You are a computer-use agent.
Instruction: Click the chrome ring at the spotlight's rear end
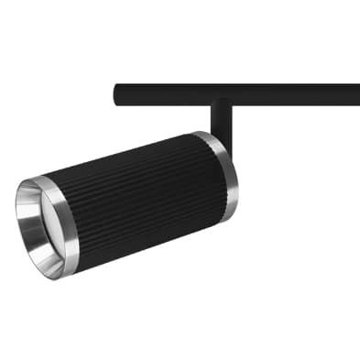pos(221,174)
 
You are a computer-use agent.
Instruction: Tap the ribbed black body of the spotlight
pos(137,197)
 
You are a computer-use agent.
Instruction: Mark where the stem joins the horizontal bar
pos(220,103)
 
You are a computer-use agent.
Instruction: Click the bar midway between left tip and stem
pos(165,93)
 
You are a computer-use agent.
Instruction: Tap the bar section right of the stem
pos(293,93)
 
